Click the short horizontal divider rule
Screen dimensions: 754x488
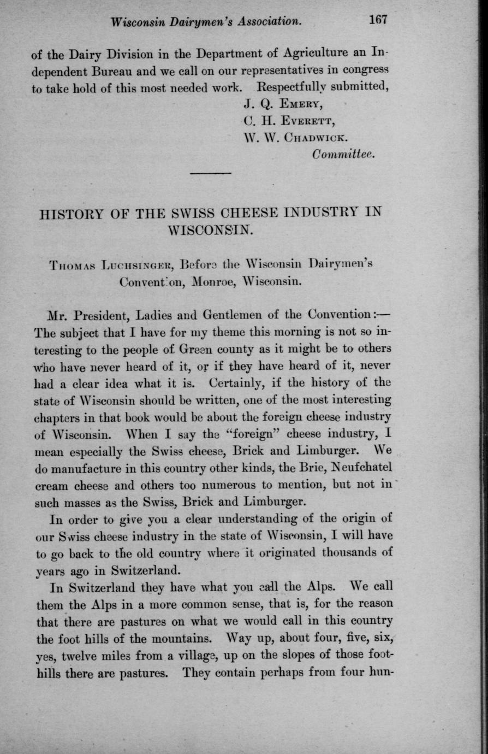[x=211, y=174]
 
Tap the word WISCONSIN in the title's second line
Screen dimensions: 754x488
[x=210, y=230]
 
